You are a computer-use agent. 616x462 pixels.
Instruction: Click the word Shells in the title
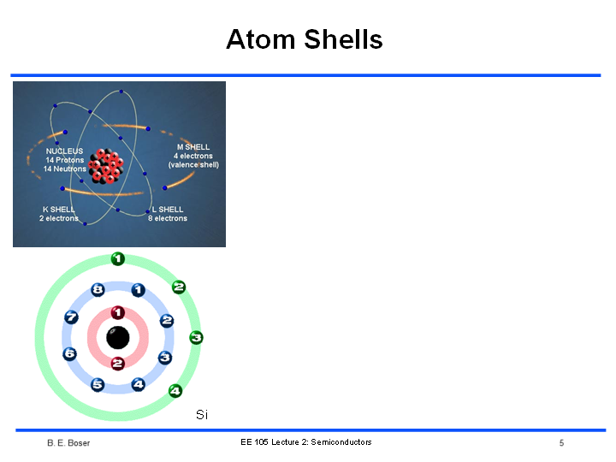click(343, 39)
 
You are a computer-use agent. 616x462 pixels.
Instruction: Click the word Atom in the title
click(261, 39)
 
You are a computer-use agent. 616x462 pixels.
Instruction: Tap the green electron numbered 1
click(118, 259)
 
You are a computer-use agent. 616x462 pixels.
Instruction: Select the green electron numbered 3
click(196, 337)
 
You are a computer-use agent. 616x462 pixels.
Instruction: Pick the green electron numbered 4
click(175, 391)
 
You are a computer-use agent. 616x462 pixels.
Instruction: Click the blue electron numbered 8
click(98, 290)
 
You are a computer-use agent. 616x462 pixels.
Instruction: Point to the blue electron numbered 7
click(71, 317)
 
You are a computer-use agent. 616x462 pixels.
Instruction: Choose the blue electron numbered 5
click(98, 385)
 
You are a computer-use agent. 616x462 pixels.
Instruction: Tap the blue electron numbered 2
click(167, 321)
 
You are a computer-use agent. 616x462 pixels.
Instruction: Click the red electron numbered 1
click(118, 313)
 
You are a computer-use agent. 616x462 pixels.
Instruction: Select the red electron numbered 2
click(117, 364)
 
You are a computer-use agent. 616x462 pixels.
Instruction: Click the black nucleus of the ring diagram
click(118, 337)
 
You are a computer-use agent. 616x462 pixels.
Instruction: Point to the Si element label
click(202, 414)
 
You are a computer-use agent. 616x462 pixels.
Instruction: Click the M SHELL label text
click(193, 147)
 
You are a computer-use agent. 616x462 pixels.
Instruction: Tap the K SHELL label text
click(58, 210)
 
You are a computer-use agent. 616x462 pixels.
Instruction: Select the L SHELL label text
click(168, 210)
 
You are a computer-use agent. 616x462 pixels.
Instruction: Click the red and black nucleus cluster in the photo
click(106, 166)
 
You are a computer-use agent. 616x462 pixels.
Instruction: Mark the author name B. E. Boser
click(68, 443)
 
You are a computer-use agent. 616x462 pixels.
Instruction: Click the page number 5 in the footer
click(562, 443)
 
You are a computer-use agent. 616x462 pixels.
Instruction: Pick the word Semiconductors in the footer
click(341, 442)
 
